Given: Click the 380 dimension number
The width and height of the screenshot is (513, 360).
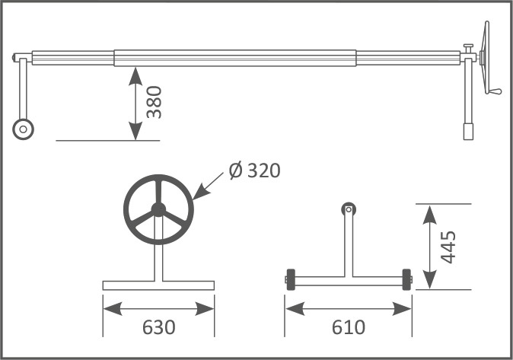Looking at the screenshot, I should [155, 102].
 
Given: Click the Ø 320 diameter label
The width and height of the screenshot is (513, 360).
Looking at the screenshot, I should [254, 170].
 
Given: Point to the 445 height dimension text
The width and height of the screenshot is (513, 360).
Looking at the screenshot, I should [448, 247].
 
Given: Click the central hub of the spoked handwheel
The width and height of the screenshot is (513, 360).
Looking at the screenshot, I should [158, 209].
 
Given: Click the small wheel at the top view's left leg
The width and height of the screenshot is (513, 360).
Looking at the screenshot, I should [24, 129].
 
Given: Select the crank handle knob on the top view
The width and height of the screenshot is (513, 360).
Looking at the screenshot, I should [495, 92].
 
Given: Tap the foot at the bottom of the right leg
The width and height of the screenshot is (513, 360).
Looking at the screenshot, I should [469, 132].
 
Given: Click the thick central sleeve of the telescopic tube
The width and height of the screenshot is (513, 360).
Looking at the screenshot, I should [235, 58].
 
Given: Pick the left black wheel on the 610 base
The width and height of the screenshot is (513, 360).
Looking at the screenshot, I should [291, 279].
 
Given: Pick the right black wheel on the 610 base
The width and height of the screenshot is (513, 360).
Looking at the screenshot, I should [406, 279].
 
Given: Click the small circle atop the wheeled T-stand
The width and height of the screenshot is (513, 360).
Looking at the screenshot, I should [349, 207].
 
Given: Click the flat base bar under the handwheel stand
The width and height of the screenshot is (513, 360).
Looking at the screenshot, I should [158, 285].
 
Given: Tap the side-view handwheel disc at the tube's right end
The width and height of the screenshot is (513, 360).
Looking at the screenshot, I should [486, 57].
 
